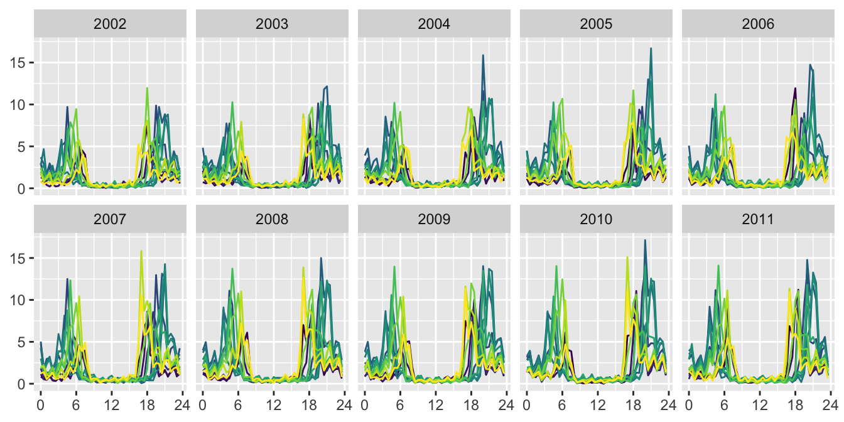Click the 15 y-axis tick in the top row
coord(18,63)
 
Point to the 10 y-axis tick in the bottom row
coord(18,300)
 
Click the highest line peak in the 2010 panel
coord(645,240)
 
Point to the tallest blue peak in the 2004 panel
coord(483,55)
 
